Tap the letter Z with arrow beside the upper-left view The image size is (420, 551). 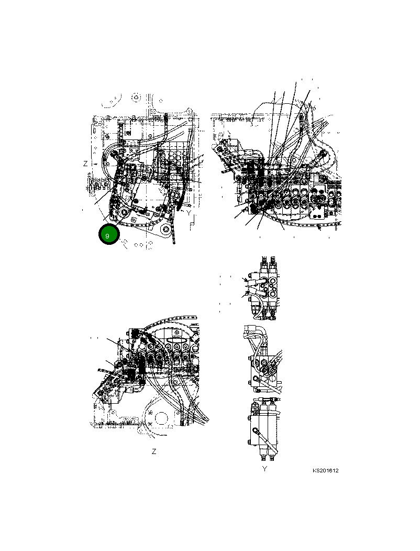86,164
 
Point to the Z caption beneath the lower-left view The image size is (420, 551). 153,451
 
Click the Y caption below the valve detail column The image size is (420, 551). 264,469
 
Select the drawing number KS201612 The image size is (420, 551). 326,470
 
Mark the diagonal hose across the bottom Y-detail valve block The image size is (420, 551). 262,440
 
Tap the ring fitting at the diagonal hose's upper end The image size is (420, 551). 256,430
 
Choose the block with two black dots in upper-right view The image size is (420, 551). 318,212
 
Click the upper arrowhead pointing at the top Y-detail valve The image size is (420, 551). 245,282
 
